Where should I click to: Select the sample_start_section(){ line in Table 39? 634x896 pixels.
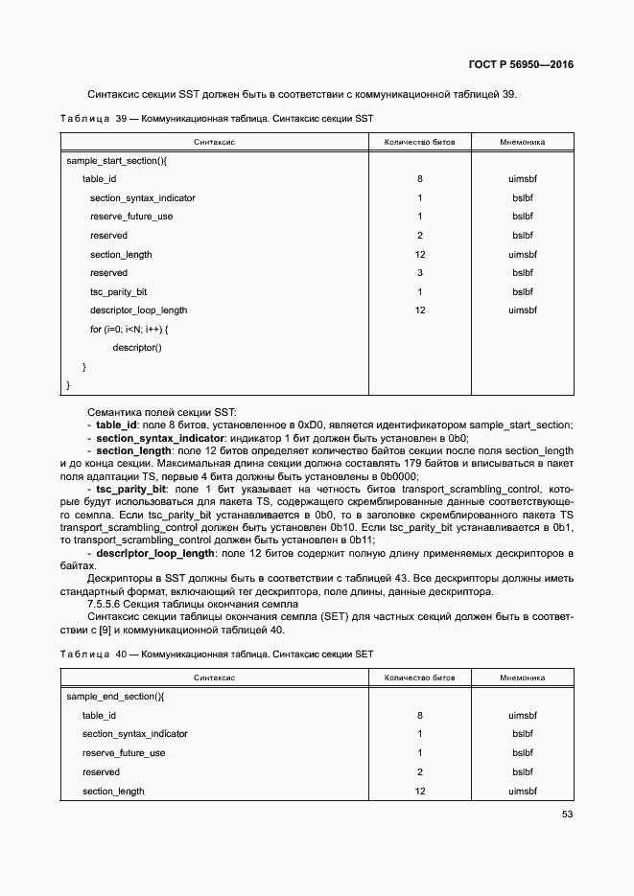(117, 161)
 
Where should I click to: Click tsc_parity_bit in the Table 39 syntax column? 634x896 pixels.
(119, 291)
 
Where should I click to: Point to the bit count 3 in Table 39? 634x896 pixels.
(419, 273)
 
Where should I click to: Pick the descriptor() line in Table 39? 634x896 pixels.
(137, 347)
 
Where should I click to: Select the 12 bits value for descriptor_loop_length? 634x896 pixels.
(419, 310)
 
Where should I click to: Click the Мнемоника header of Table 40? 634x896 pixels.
(522, 678)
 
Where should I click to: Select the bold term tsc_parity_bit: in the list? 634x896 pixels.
(133, 489)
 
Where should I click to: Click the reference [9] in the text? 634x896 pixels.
(97, 630)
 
